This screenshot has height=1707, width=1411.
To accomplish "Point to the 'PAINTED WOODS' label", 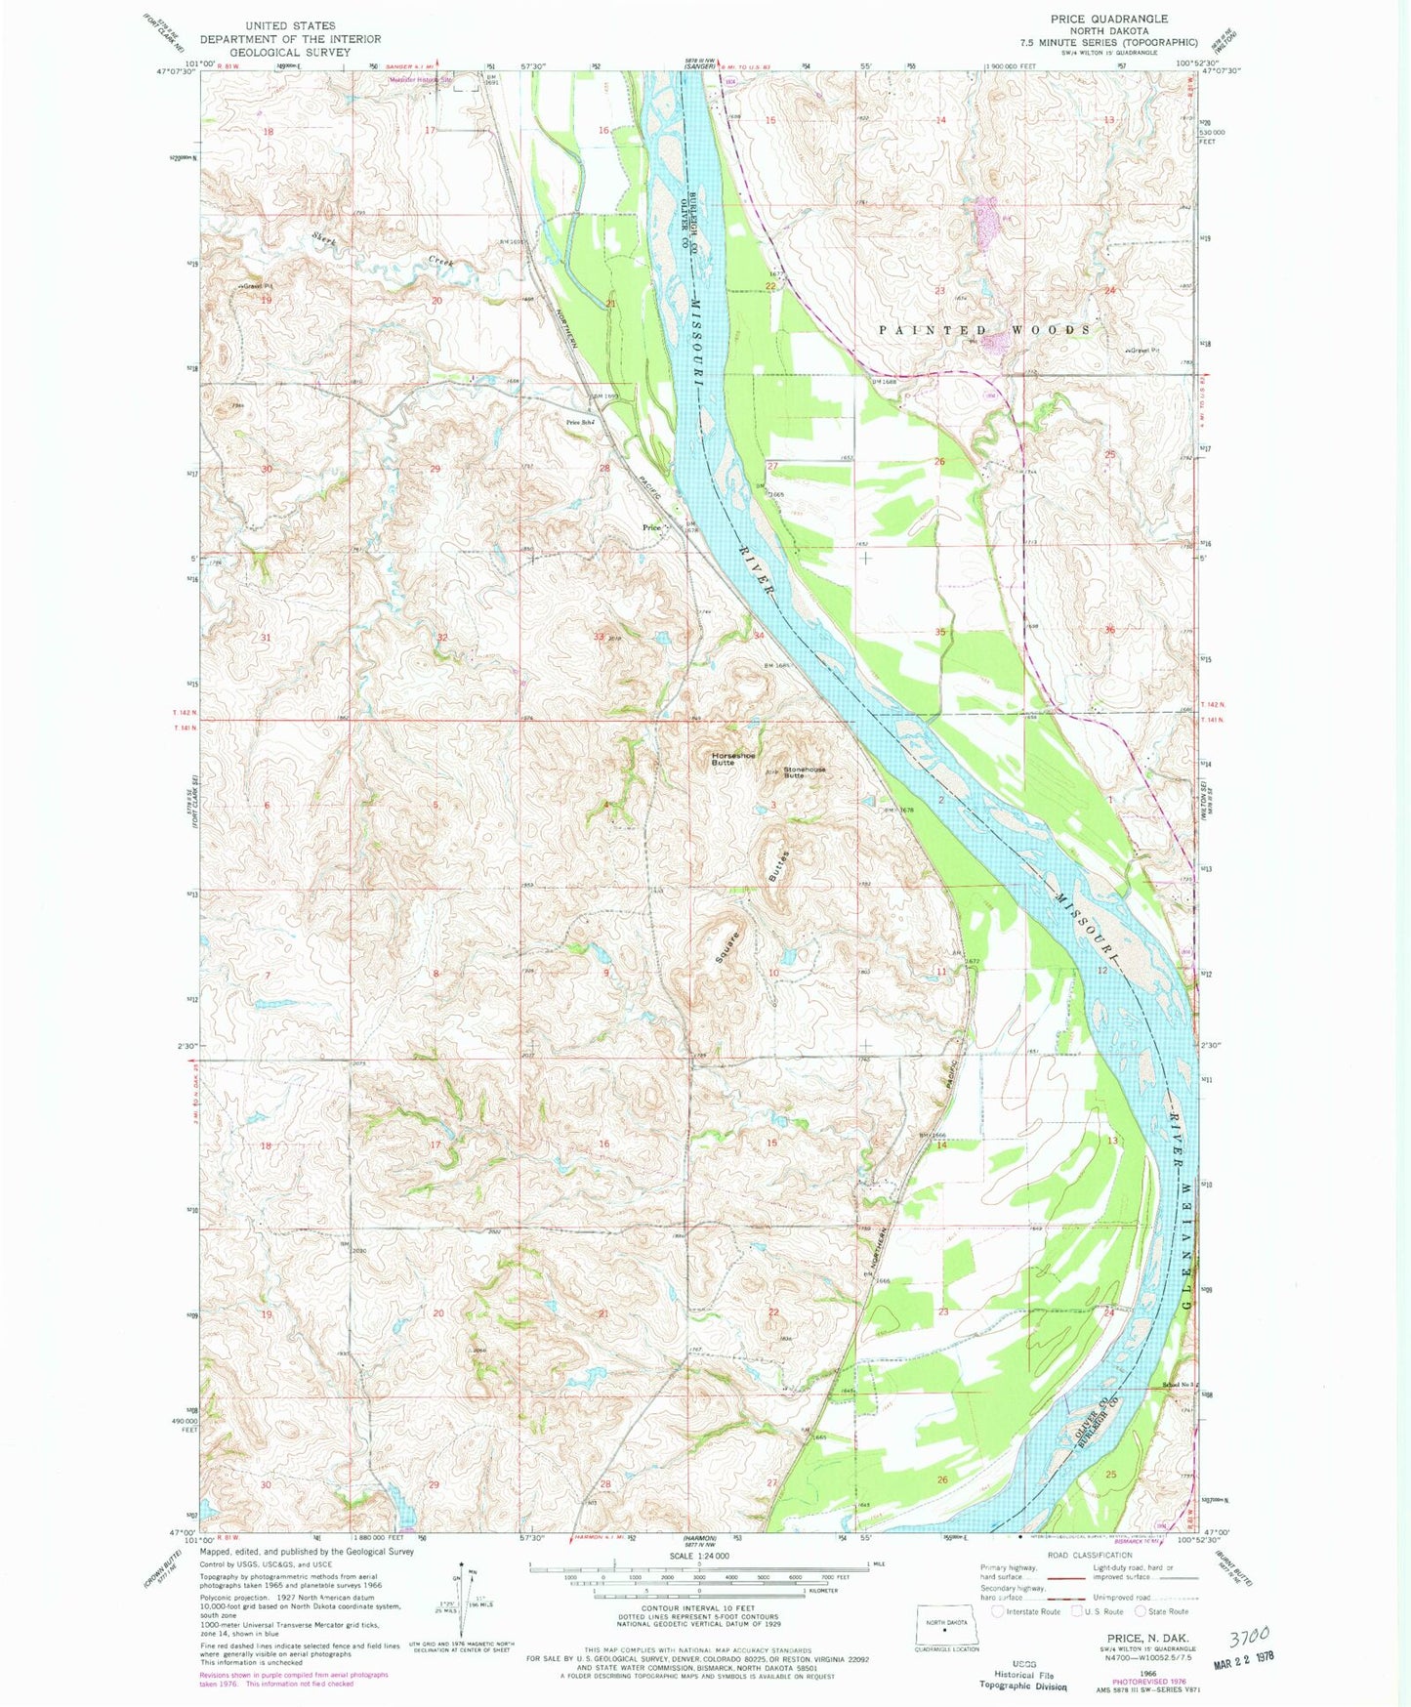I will [x=984, y=330].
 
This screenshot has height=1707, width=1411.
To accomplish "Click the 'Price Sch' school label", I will [x=580, y=422].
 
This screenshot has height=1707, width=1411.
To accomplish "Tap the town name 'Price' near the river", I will [x=651, y=527].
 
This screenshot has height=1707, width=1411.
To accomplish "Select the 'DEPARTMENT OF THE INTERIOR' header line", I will [x=290, y=39].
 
